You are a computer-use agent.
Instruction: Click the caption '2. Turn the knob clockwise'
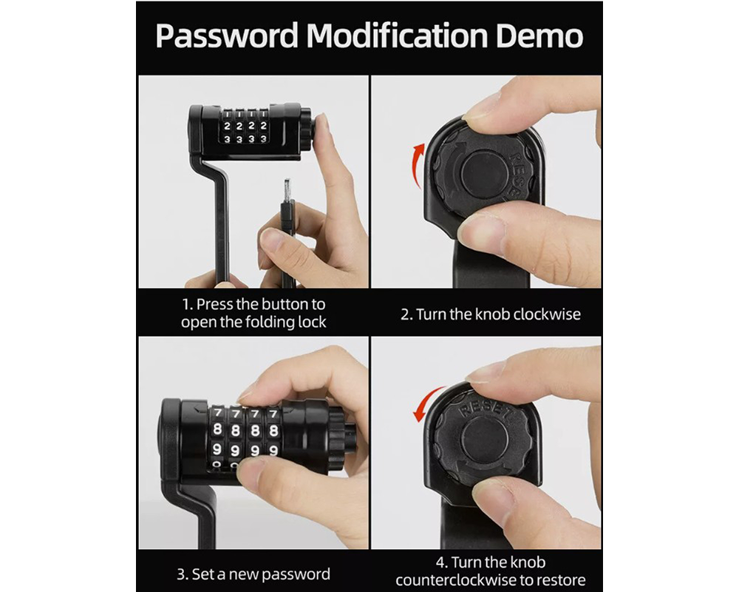(491, 314)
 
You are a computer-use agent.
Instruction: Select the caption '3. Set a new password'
(253, 574)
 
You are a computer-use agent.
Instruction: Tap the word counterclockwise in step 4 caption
(457, 579)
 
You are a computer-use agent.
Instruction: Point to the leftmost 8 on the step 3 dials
(219, 431)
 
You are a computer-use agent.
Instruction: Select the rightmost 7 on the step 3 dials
(274, 414)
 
